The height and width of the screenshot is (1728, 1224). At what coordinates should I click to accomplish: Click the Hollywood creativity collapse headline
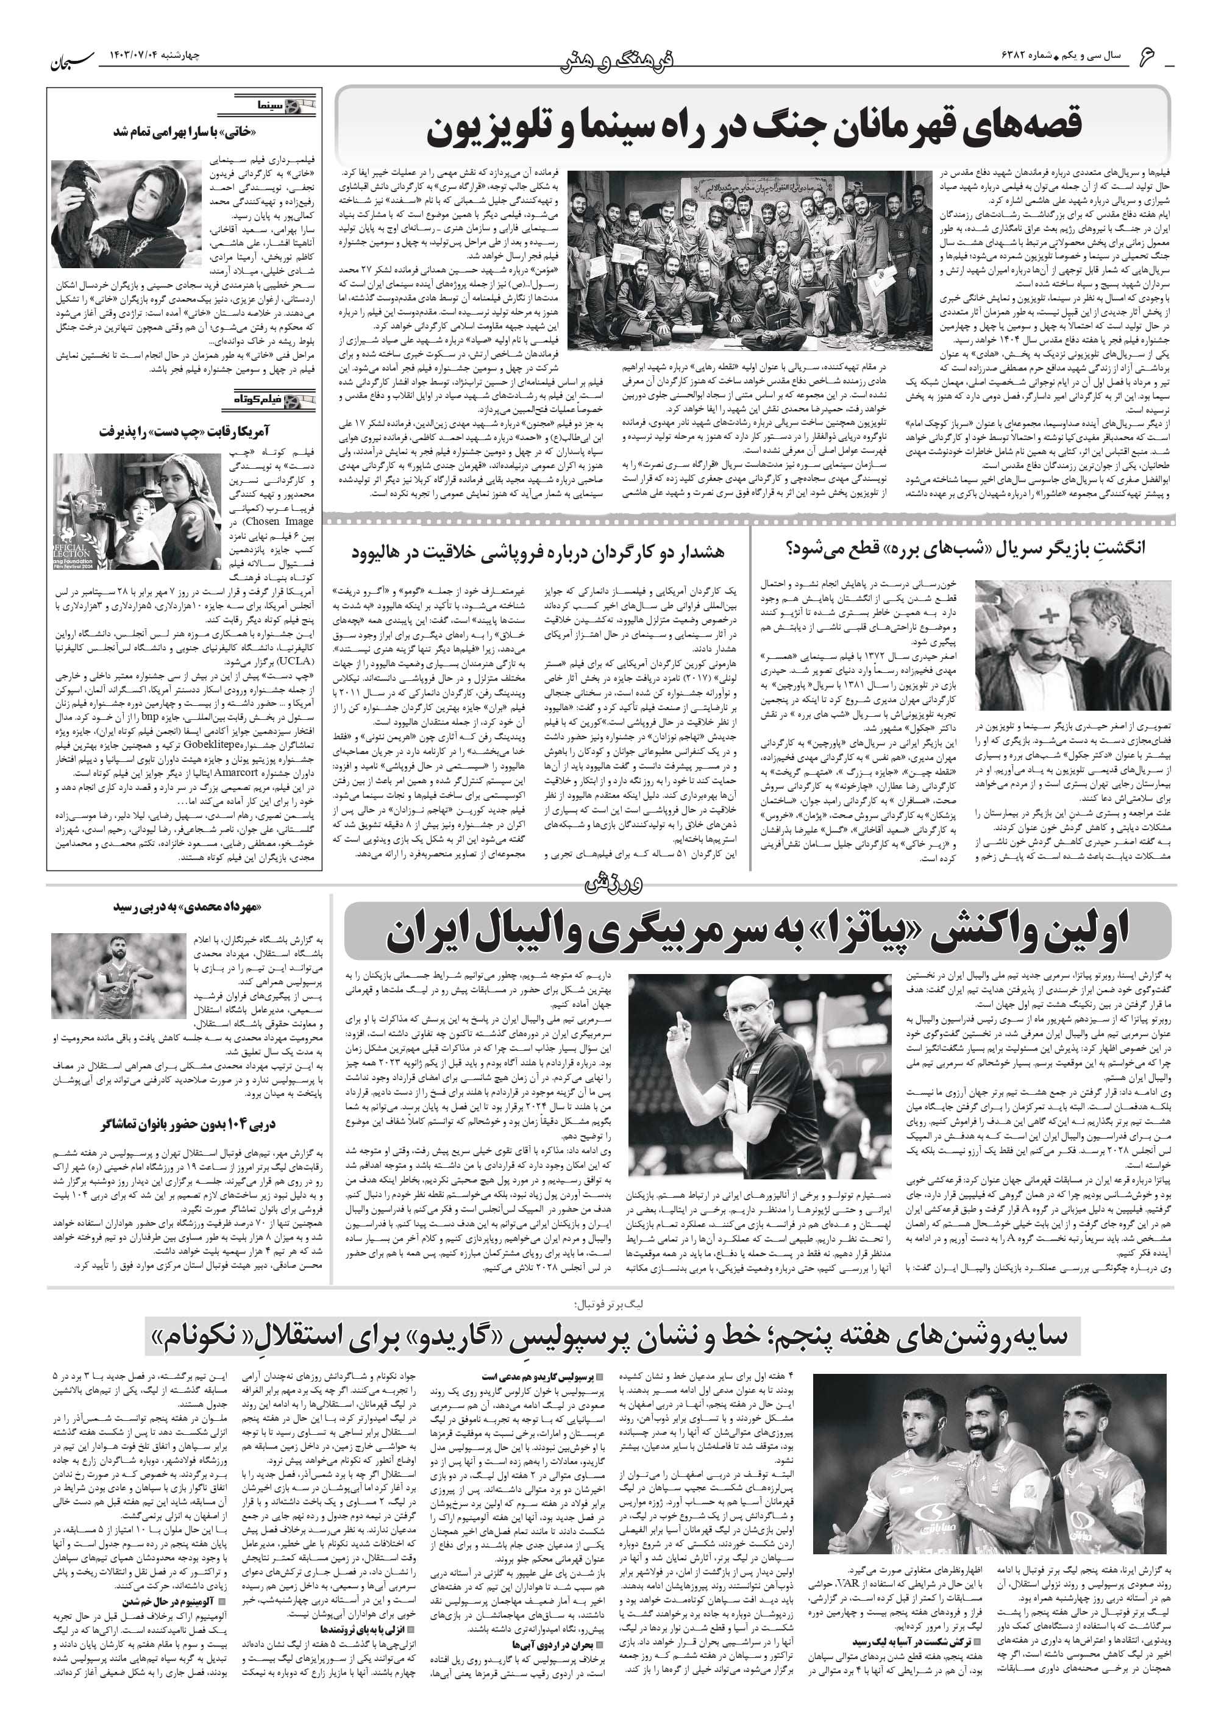pos(538,552)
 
